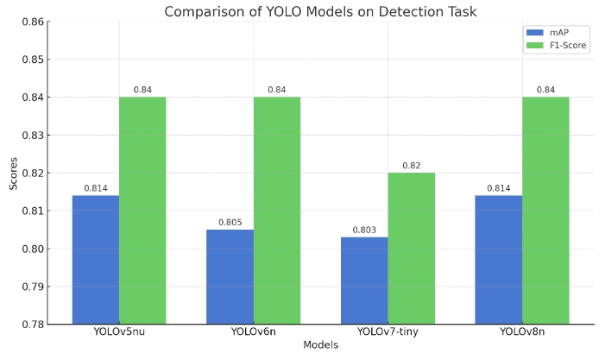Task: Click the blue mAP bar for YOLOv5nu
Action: [x=95, y=259]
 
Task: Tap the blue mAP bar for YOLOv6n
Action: [x=230, y=276]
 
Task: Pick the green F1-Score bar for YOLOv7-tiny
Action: [x=411, y=248]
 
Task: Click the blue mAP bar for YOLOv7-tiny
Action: [x=364, y=281]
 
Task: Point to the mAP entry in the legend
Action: [x=557, y=32]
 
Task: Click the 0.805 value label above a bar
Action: [x=230, y=223]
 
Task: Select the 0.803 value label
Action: [x=364, y=231]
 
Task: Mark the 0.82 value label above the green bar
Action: [x=411, y=166]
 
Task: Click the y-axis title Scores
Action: [x=12, y=173]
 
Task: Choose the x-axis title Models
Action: [x=320, y=345]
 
